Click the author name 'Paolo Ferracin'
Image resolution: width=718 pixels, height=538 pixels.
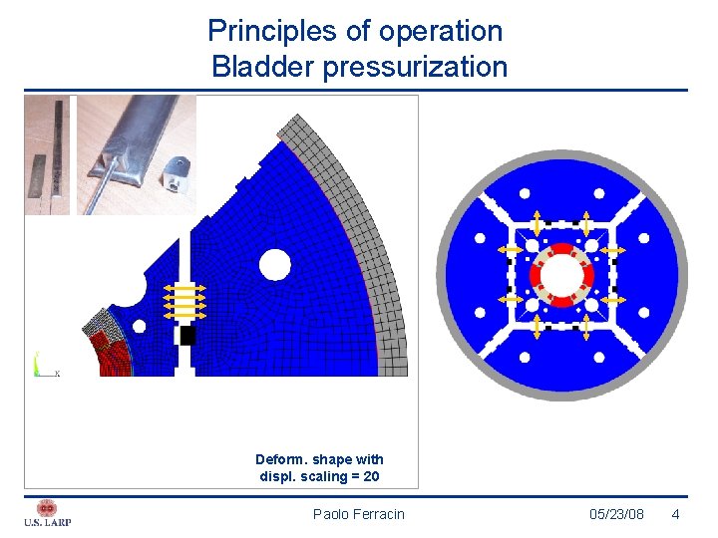click(359, 514)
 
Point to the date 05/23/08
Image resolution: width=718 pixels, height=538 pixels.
click(616, 514)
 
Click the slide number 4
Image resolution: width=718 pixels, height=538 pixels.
click(675, 514)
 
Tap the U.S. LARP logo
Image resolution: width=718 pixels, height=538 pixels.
click(47, 512)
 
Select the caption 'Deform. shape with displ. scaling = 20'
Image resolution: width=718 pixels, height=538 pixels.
click(319, 467)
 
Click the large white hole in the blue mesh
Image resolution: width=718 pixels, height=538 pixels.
click(274, 265)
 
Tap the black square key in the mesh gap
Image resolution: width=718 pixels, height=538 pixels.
click(187, 336)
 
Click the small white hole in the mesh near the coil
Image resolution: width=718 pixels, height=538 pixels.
click(139, 326)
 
